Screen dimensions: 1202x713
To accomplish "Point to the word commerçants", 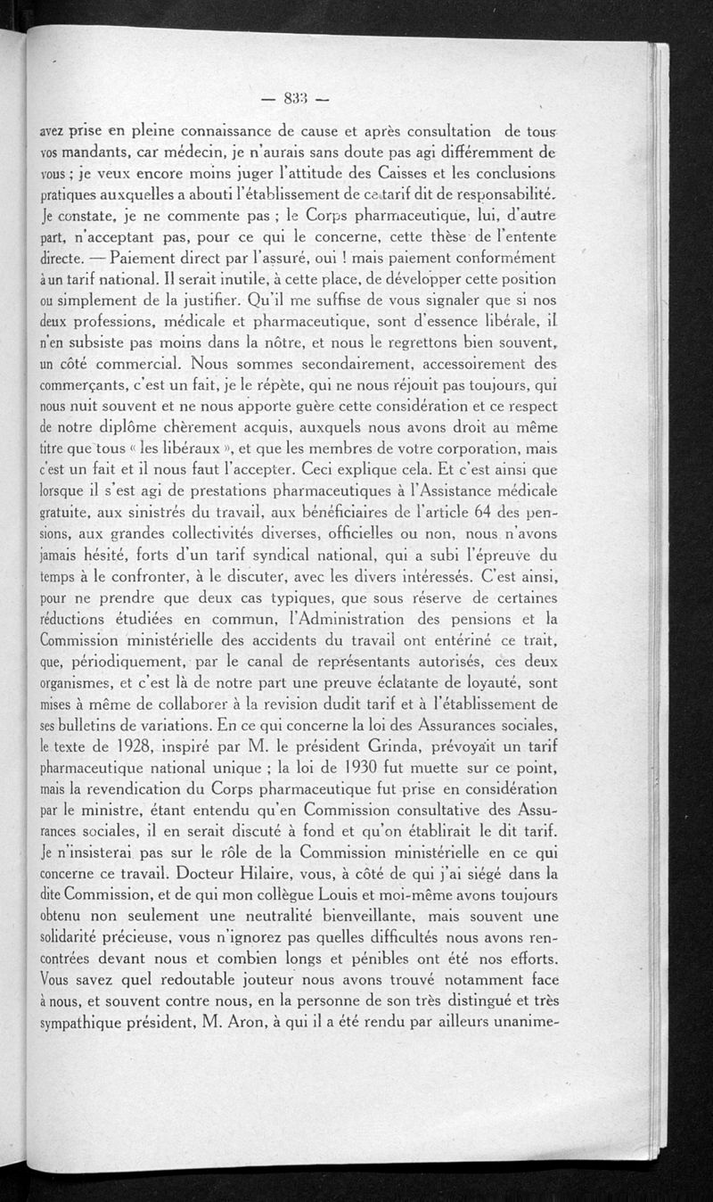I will coord(83,387).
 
